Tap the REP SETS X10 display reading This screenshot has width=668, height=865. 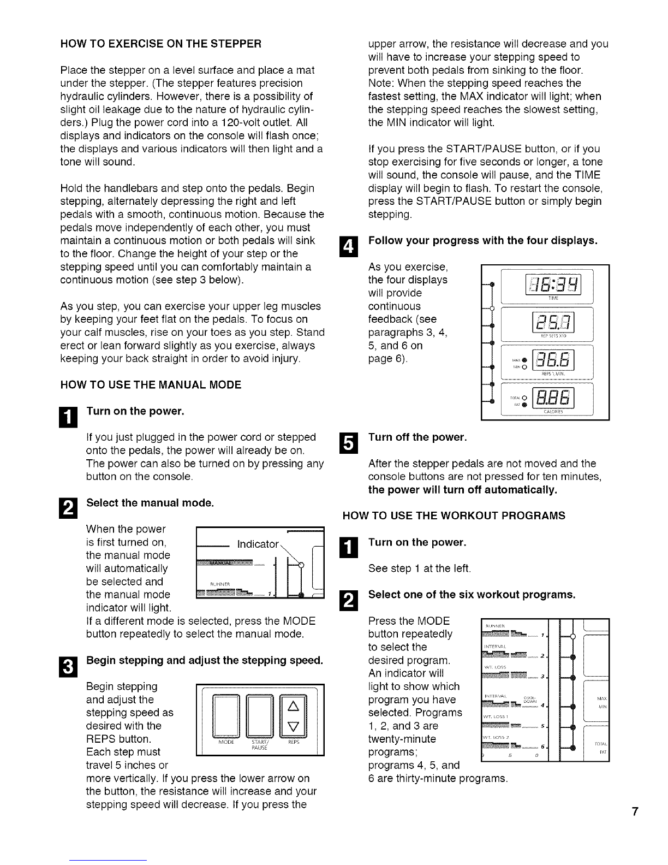(555, 323)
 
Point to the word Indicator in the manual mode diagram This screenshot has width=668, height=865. (258, 544)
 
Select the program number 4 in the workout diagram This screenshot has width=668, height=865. (541, 707)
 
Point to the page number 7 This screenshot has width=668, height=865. (635, 812)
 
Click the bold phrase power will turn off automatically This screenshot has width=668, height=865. (463, 490)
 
